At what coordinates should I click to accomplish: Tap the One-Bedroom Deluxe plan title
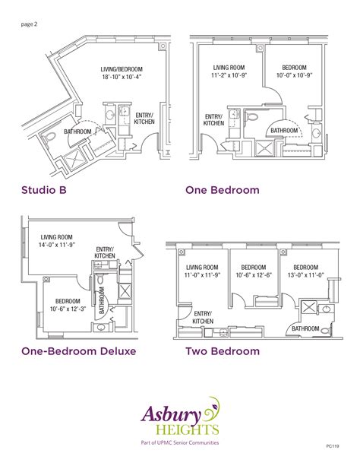(78, 351)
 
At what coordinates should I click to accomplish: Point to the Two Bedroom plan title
(223, 351)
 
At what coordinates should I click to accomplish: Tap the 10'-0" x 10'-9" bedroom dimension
(294, 76)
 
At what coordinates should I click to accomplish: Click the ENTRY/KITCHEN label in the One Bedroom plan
(213, 120)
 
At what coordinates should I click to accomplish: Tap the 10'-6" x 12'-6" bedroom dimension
(253, 275)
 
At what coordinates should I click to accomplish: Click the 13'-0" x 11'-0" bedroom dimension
(305, 275)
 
